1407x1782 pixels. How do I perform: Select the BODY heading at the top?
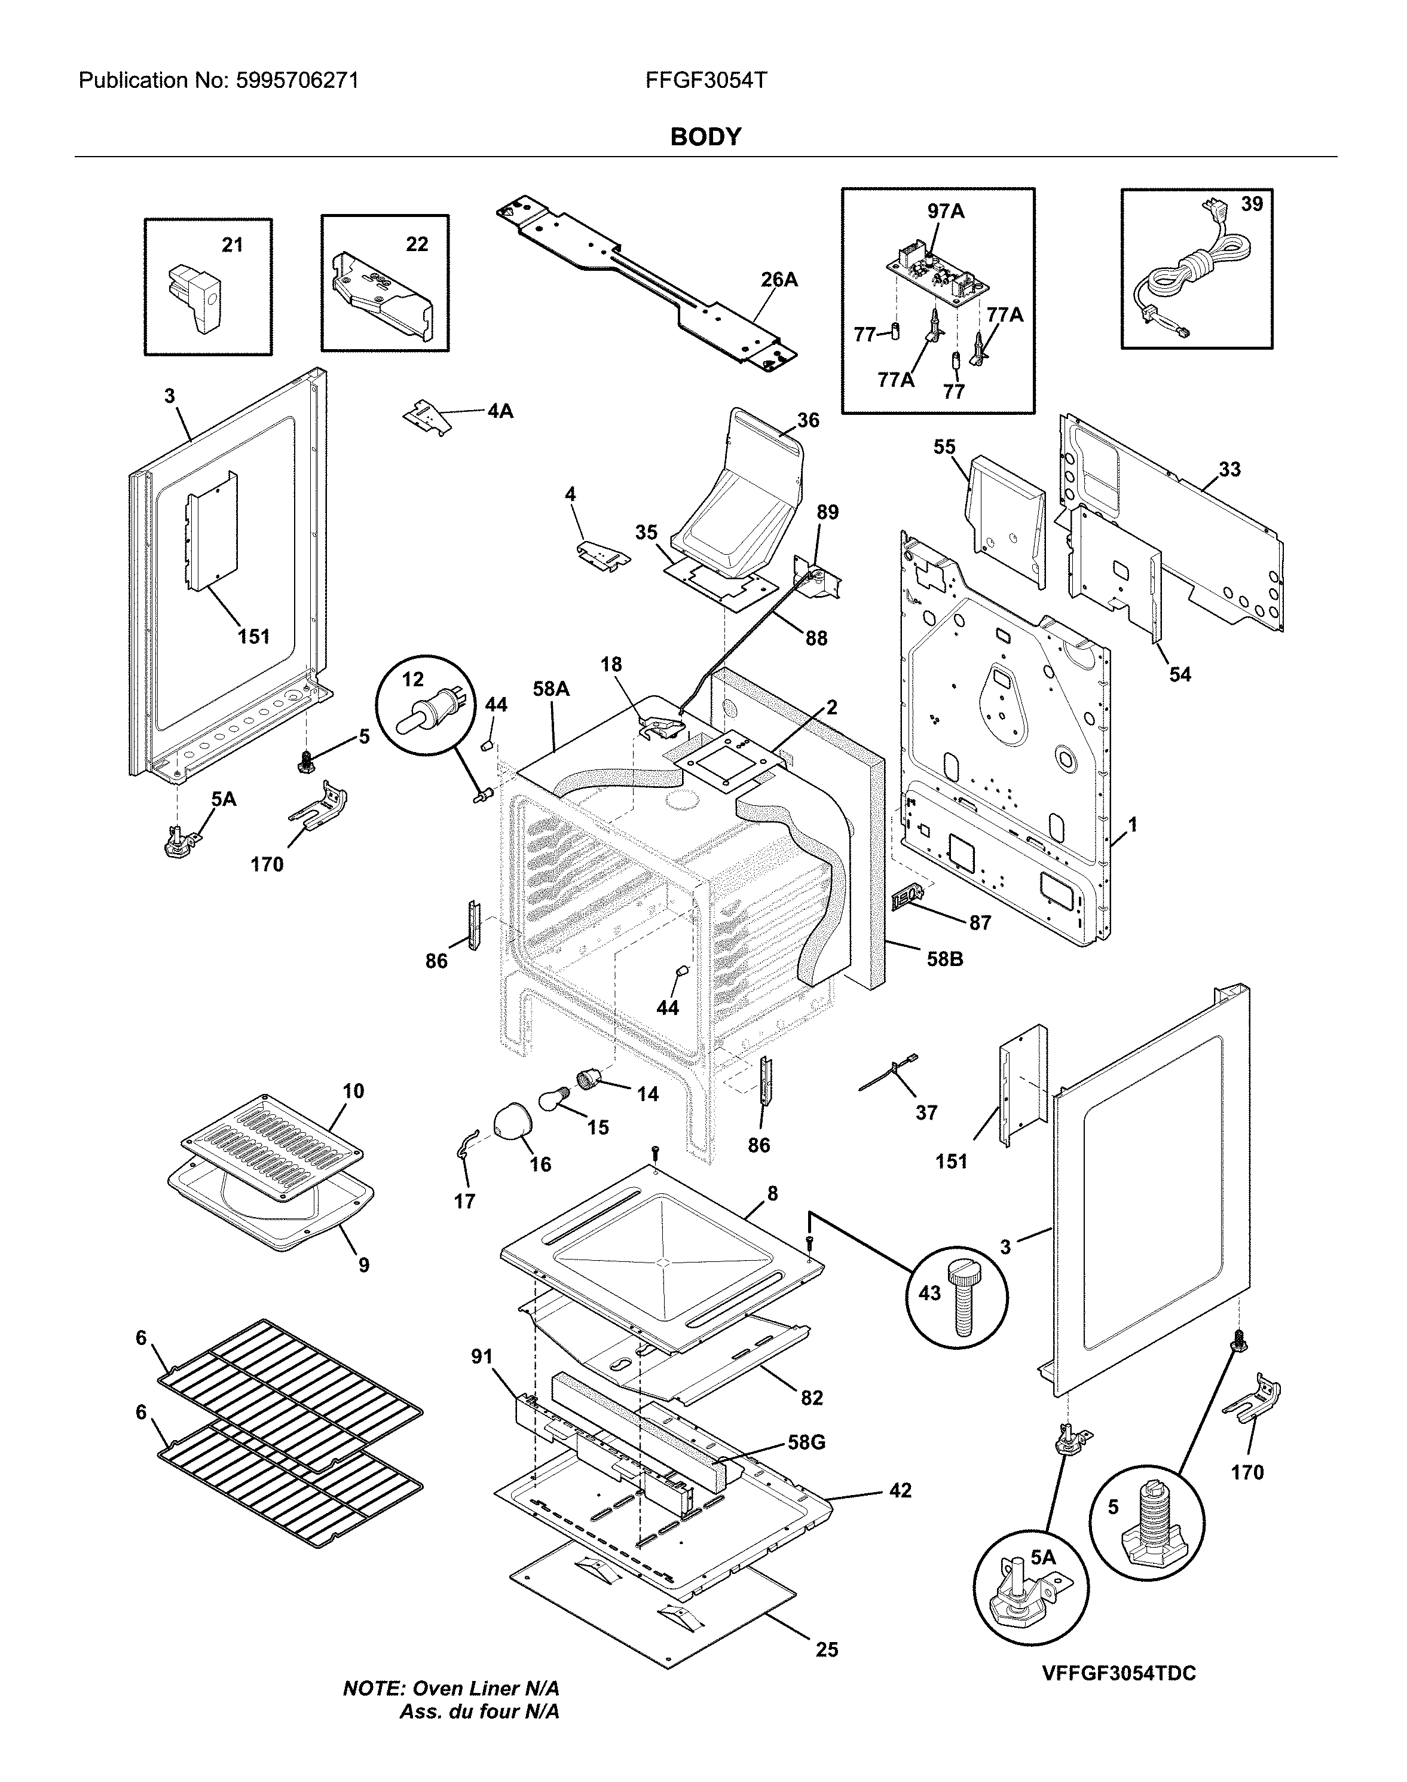click(x=705, y=137)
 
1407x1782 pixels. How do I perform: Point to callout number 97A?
click(x=946, y=212)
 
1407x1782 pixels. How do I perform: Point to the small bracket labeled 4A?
click(x=429, y=416)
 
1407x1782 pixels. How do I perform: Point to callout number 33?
click(x=1229, y=470)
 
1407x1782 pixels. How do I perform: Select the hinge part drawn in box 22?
click(x=381, y=298)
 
